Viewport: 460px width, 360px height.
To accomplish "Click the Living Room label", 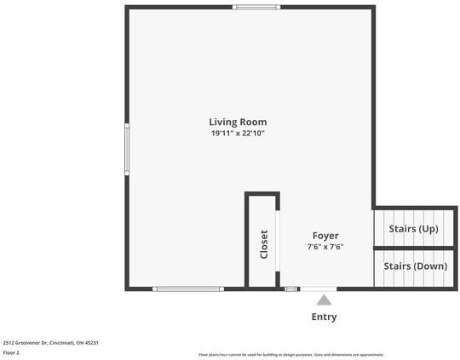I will [239, 122].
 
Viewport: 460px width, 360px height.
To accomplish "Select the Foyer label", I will [325, 236].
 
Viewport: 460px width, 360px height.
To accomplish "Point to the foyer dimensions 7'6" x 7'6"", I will [325, 247].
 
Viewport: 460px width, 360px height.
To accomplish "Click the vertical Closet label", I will [264, 244].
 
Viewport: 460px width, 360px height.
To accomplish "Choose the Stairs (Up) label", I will [413, 229].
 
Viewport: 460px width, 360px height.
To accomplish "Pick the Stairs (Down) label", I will [415, 266].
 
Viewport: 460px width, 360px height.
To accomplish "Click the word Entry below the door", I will [324, 317].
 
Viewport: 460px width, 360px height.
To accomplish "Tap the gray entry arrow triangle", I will [324, 299].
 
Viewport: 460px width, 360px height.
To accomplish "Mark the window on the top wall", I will [256, 8].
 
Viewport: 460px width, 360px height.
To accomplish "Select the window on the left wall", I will [127, 149].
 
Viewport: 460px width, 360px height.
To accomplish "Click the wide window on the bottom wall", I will [188, 289].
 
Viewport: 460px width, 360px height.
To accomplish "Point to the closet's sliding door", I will [278, 241].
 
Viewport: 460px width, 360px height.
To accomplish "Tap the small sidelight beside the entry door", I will [291, 289].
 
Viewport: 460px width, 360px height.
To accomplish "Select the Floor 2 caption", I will [11, 351].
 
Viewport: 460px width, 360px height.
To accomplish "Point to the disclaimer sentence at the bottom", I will [290, 354].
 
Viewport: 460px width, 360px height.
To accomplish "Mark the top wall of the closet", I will [262, 194].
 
